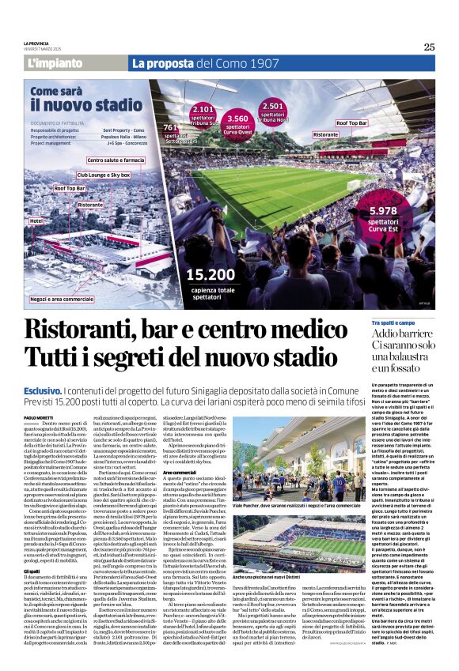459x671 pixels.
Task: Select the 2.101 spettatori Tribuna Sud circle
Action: click(x=204, y=115)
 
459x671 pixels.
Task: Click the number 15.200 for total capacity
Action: click(x=211, y=273)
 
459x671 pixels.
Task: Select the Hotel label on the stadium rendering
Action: click(x=36, y=221)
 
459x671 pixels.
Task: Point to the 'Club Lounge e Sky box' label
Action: click(x=104, y=174)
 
